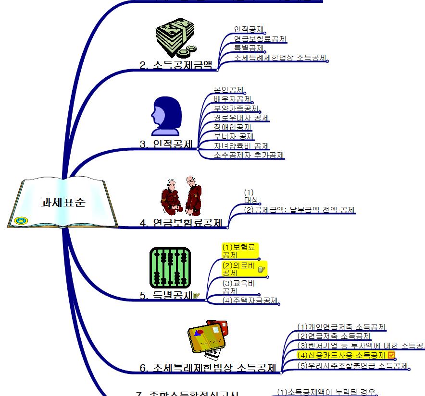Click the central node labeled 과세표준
pyautogui.click(x=63, y=202)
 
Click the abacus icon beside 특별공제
pyautogui.click(x=170, y=267)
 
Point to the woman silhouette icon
pyautogui.click(x=166, y=116)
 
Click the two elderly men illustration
pyautogui.click(x=181, y=197)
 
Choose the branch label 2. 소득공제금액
pyautogui.click(x=176, y=65)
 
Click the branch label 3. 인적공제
pyautogui.click(x=166, y=144)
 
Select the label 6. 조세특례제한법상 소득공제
pyautogui.click(x=208, y=368)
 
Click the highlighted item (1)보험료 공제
pyautogui.click(x=240, y=251)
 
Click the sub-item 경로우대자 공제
pyautogui.click(x=241, y=118)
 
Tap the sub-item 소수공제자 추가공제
pyautogui.click(x=249, y=155)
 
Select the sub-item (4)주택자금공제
pyautogui.click(x=250, y=300)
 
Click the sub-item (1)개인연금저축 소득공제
pyautogui.click(x=341, y=327)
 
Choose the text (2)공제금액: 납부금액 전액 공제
pyautogui.click(x=300, y=210)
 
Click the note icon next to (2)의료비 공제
pyautogui.click(x=262, y=269)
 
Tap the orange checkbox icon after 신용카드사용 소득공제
pyautogui.click(x=391, y=355)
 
